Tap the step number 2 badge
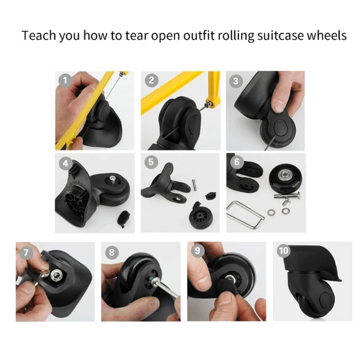[151, 80]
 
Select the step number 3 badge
[236, 80]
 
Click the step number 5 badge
[151, 162]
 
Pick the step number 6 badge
[236, 162]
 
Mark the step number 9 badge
[197, 251]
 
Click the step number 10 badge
[282, 251]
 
